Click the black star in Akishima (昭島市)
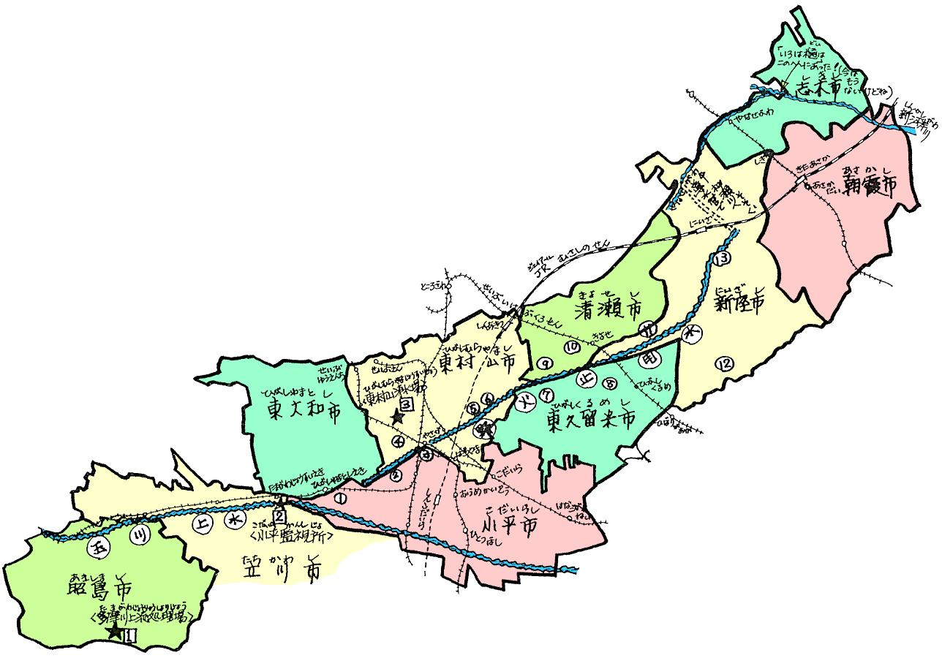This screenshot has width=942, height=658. tap(115, 632)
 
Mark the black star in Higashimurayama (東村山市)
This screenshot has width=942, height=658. tap(397, 417)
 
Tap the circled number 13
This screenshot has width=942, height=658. tap(723, 259)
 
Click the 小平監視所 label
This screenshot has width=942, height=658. tap(292, 535)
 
